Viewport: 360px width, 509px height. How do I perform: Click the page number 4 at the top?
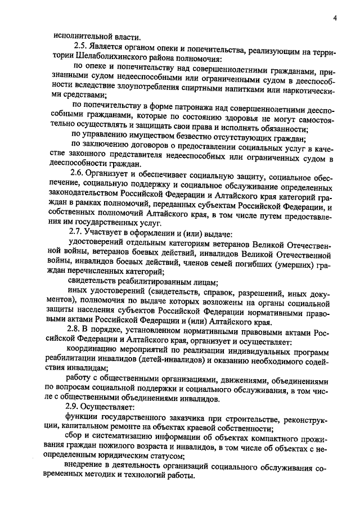click(335, 18)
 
